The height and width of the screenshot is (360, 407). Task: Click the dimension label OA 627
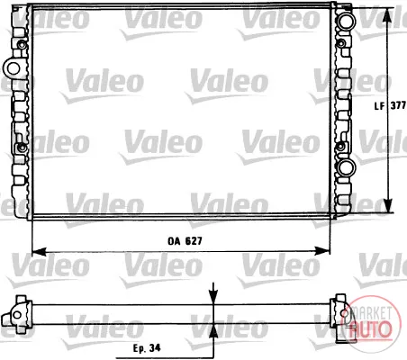tap(185, 241)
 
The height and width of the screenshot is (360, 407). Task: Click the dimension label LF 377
tap(390, 105)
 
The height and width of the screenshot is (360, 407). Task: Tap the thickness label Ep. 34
tap(147, 348)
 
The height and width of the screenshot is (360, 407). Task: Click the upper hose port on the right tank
tap(346, 20)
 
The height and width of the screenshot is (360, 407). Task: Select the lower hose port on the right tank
tap(346, 167)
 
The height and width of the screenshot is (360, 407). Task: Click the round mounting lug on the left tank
tap(14, 67)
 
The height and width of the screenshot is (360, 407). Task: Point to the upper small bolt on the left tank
tap(22, 45)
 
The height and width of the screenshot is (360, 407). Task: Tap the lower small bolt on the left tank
tap(22, 148)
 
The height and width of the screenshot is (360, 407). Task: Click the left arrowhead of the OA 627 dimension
tap(39, 251)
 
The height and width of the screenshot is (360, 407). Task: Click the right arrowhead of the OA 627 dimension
tap(322, 251)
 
